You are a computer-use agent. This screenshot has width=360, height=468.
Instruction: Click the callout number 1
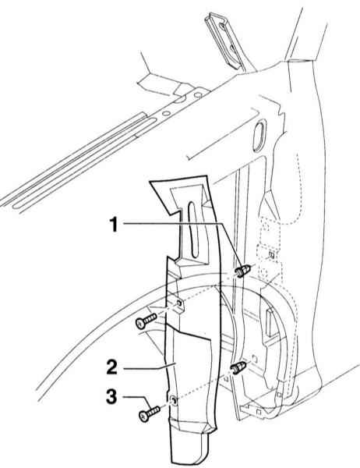(x=114, y=225)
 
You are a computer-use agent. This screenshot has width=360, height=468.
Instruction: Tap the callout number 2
(x=112, y=367)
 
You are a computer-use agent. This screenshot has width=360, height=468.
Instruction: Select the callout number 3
(x=112, y=397)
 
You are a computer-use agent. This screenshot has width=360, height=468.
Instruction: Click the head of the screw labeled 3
(x=143, y=416)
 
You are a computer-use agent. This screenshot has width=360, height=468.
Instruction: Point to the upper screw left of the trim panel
(x=146, y=321)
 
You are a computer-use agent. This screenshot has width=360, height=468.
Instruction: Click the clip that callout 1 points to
(x=243, y=271)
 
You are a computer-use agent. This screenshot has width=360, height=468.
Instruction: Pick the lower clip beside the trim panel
(x=238, y=367)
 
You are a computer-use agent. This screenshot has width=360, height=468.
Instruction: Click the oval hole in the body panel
(x=259, y=136)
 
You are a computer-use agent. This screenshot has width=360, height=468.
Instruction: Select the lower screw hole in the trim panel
(x=173, y=401)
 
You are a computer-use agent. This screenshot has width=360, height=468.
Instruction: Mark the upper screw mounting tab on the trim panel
(x=178, y=305)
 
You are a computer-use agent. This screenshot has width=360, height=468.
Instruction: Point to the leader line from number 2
(x=149, y=367)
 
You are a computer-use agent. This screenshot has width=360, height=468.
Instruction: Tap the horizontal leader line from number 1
(x=172, y=223)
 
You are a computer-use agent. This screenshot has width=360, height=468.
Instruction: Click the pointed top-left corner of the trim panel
(x=150, y=182)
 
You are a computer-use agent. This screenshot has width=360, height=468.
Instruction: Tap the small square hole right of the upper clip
(x=271, y=255)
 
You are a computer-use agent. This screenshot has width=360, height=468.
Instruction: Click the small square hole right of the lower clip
(x=255, y=359)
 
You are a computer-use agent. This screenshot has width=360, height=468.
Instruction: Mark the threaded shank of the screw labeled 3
(x=154, y=412)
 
